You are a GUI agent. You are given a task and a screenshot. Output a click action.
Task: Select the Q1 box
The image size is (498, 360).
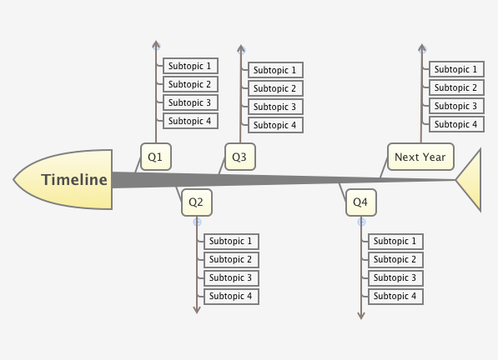155,156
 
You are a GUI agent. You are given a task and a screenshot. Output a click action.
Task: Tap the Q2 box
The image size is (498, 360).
197,202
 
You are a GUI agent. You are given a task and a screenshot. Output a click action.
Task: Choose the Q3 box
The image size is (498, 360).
239,156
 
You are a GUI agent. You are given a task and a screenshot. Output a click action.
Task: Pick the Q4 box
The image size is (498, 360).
360,202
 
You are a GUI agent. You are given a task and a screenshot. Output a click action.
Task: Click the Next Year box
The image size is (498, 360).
420,156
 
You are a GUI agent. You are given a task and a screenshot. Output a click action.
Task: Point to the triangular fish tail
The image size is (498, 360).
470,179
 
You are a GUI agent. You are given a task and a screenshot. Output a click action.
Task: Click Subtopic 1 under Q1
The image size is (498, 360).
190,66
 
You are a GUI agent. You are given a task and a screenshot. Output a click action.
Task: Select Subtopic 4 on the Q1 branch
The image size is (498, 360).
190,121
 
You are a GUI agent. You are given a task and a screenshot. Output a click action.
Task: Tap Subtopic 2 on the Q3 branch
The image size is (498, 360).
275,88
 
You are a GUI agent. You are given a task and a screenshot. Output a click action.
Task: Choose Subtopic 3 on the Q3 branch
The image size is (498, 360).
275,107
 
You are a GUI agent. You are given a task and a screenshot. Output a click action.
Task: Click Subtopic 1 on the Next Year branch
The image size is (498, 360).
456,69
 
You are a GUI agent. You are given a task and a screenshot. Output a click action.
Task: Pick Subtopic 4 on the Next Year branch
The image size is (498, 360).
456,124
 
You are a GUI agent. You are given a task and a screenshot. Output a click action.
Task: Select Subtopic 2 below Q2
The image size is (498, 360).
231,259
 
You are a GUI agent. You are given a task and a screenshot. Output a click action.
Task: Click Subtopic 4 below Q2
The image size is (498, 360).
231,296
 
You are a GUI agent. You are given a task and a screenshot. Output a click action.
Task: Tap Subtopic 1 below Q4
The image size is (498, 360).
395,241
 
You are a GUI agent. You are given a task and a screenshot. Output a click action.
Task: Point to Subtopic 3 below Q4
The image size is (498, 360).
395,277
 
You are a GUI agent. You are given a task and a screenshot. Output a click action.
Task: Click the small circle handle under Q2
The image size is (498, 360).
197,222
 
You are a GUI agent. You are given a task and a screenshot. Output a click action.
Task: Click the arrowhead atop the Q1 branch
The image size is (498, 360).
156,44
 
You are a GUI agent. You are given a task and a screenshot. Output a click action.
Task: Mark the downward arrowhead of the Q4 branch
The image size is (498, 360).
361,315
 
